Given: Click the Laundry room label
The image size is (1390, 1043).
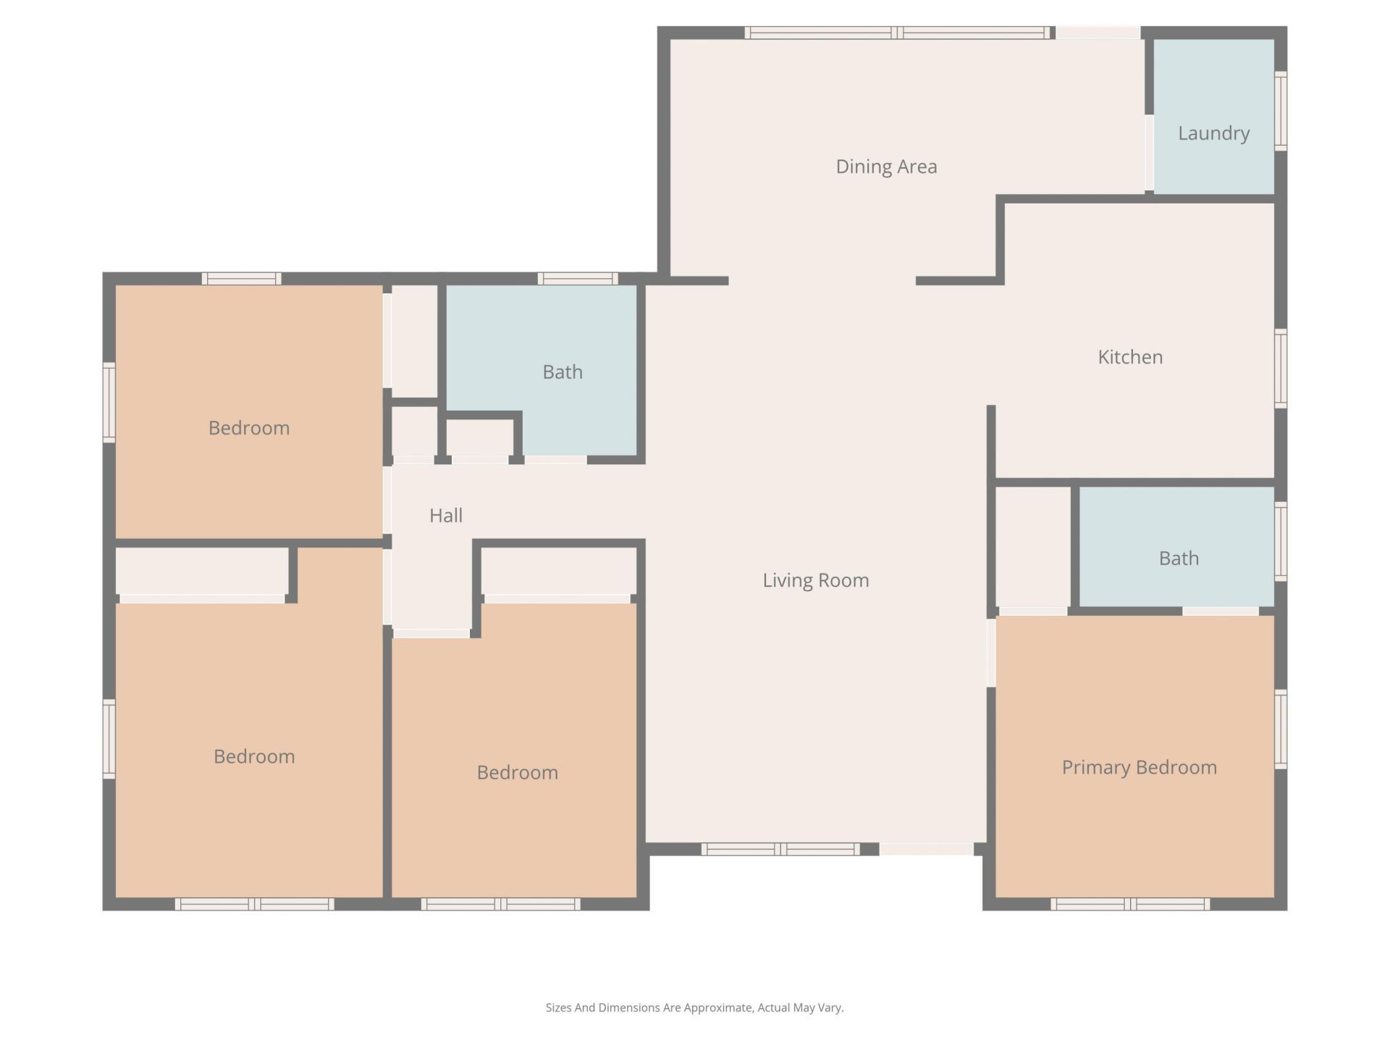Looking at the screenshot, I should coord(1213,133).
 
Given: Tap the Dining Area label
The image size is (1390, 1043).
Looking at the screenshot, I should coord(886,167).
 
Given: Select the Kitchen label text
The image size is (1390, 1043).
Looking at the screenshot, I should coord(1130,357).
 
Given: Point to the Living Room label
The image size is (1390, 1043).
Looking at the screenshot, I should coord(815,580).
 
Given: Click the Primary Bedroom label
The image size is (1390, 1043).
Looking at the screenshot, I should coord(1139,767).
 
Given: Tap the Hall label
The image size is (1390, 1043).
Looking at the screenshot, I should coord(445,516).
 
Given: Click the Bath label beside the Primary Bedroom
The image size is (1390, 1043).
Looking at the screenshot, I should coord(1179,558).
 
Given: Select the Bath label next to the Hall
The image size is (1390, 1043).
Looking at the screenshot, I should coord(563,372).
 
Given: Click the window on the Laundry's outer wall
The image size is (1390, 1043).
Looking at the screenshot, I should coord(1280,111).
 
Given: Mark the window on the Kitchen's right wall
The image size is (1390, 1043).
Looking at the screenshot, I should coord(1280,368).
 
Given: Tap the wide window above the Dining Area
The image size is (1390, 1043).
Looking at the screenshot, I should coord(897,33).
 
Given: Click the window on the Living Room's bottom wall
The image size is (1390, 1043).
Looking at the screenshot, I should coord(780,849).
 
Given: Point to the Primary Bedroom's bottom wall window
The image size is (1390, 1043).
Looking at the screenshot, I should coord(1129,904).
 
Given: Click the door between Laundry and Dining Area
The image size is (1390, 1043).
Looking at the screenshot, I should coord(1149,153).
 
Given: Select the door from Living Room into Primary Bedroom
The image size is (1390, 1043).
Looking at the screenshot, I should coord(991,653).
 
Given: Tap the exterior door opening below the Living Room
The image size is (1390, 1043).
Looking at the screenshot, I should coord(926,849).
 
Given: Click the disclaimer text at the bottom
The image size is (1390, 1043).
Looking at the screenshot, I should coord(694,1008).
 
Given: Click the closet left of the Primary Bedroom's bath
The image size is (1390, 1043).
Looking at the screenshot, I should coord(1032,547).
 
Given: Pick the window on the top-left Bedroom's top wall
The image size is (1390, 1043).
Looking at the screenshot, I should coord(241,279).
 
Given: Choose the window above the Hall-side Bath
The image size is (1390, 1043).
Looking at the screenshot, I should coord(577,279).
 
